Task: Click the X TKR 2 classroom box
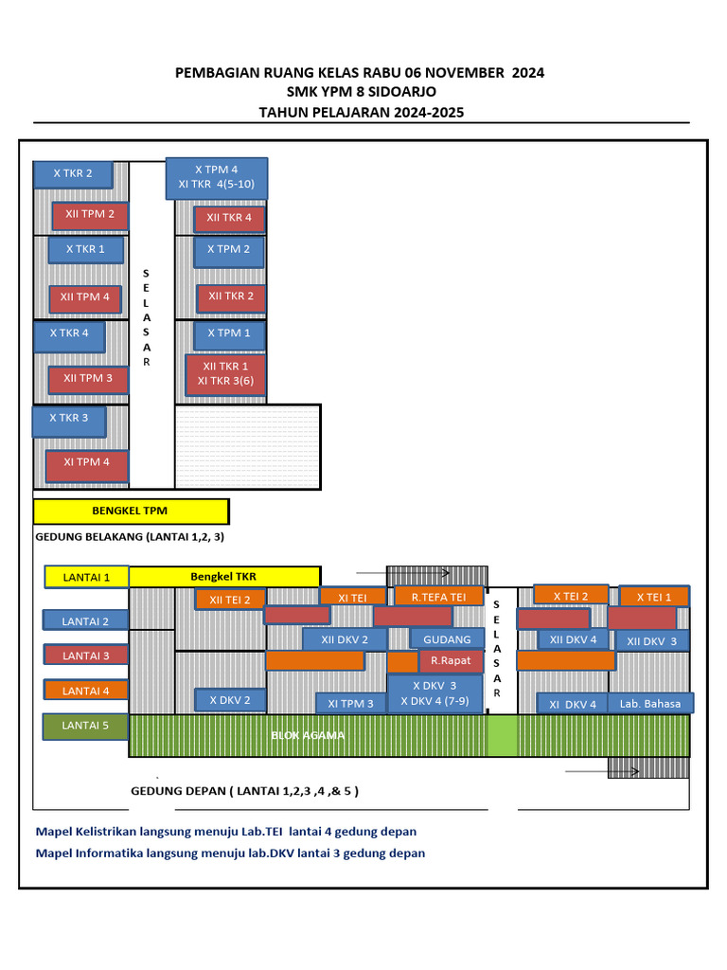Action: [x=73, y=174]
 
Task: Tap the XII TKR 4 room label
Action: [x=229, y=219]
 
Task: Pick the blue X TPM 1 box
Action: [x=229, y=334]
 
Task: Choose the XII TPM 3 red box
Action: [x=88, y=379]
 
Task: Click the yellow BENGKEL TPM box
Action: [x=131, y=512]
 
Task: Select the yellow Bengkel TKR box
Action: [x=224, y=576]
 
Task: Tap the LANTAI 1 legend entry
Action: [x=86, y=576]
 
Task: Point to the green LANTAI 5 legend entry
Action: [x=86, y=727]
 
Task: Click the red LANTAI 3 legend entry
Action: [x=86, y=655]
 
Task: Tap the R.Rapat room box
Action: [x=451, y=660]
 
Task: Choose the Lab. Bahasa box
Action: [x=650, y=704]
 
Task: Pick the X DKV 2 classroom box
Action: [x=230, y=700]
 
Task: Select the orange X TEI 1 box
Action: [x=654, y=597]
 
